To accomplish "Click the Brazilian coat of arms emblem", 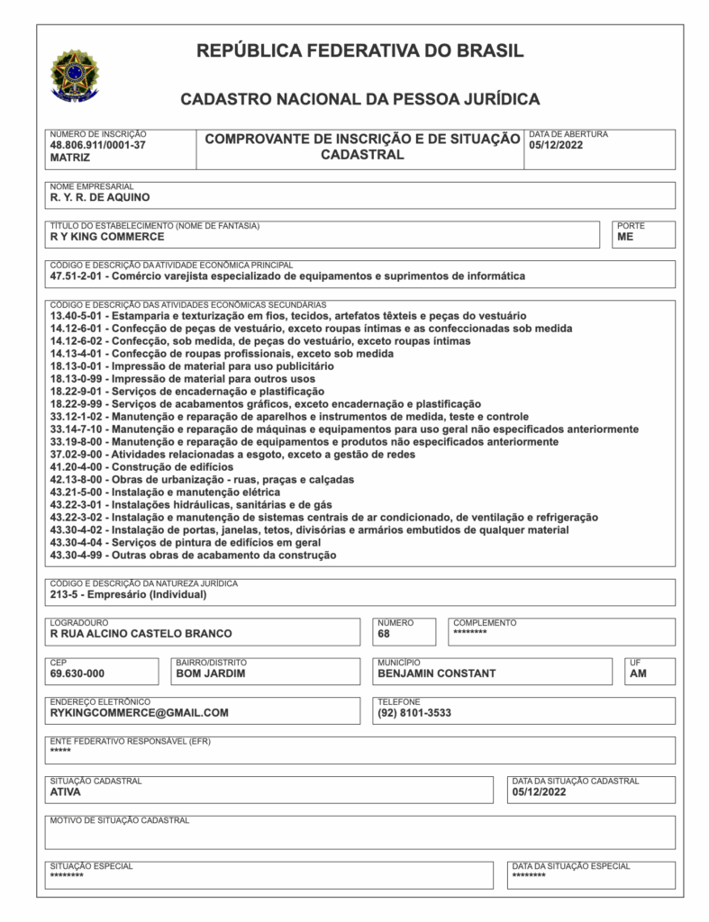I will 76,75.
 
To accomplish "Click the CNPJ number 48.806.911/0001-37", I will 97,144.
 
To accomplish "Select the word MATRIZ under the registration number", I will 70,157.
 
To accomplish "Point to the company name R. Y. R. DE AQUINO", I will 100,196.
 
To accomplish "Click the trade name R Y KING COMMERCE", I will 107,237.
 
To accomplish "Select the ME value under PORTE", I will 625,237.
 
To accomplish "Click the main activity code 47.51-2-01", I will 78,276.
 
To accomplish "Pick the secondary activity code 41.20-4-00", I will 78,467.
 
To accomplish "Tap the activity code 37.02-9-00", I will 78,455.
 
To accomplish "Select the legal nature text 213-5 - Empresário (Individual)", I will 129,594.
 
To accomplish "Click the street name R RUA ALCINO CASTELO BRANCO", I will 141,634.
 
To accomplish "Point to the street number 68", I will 385,634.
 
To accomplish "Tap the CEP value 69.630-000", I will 77,673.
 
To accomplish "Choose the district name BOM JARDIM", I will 210,673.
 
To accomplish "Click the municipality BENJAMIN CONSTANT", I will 436,673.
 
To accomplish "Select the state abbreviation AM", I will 638,673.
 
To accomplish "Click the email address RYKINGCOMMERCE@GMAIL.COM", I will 140,713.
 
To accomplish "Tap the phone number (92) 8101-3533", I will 414,713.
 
